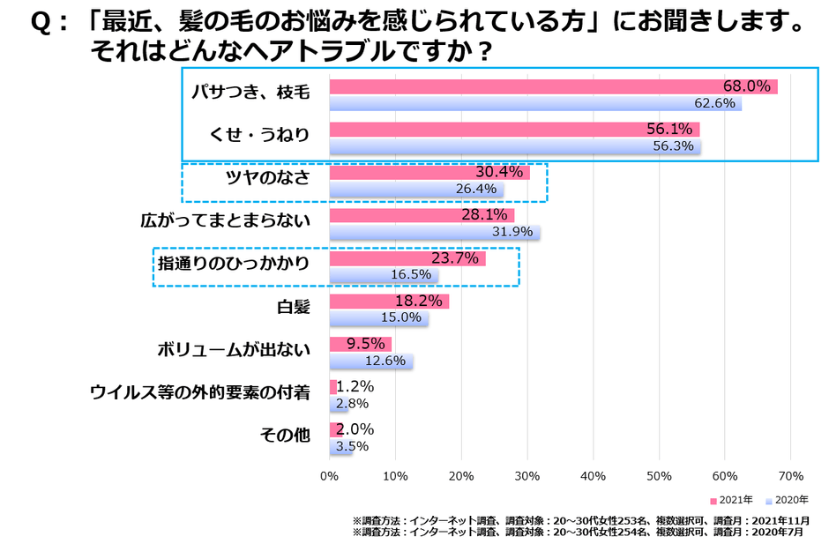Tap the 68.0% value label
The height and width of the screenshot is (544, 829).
point(748,86)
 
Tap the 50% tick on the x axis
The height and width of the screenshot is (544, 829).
point(659,477)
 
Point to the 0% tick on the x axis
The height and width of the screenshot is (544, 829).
point(329,477)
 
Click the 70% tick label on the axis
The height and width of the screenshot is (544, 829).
point(790,477)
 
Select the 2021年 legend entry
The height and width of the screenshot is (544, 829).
point(731,500)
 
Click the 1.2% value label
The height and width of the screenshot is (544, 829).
point(355,386)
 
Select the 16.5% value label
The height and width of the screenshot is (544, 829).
point(410,275)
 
